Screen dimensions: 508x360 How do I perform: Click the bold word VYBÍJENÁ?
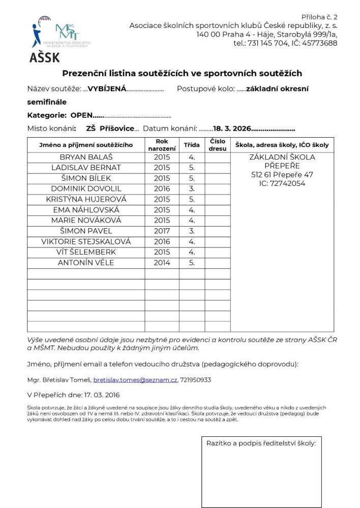click(x=107, y=89)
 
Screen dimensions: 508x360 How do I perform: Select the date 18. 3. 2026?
click(x=232, y=129)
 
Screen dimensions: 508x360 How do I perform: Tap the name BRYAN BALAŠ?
click(x=85, y=157)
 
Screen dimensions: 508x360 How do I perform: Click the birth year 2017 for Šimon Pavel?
click(x=162, y=231)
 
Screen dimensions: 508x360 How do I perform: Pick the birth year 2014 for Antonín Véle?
click(x=162, y=263)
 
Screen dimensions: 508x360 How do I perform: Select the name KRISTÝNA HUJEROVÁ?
click(x=86, y=199)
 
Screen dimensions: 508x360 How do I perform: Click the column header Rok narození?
click(x=162, y=145)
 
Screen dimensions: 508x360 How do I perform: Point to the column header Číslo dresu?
click(x=218, y=145)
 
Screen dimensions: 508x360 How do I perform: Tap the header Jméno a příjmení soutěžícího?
click(x=86, y=145)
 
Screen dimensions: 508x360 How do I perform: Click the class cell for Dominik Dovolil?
click(x=192, y=189)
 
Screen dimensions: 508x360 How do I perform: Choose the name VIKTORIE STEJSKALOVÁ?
click(x=86, y=241)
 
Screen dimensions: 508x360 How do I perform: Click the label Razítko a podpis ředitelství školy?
click(x=261, y=443)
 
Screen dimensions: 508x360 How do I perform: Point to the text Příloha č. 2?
click(x=319, y=17)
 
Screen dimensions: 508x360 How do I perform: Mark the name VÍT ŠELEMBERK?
click(x=86, y=252)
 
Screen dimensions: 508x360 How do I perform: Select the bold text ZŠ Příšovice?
click(x=110, y=129)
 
